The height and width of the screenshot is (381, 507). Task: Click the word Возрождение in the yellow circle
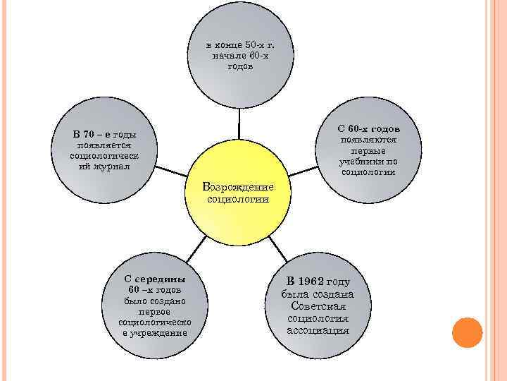(x=238, y=187)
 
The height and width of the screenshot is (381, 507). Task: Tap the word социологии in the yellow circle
(x=238, y=199)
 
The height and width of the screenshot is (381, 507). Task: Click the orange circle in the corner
(x=466, y=332)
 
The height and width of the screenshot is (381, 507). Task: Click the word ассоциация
(x=318, y=329)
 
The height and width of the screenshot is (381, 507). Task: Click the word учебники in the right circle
(x=368, y=161)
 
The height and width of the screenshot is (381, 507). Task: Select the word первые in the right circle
(x=368, y=150)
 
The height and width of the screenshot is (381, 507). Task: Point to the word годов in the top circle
(x=240, y=66)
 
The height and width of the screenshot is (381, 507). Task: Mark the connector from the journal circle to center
(x=170, y=171)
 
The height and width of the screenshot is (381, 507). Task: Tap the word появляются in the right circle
(x=368, y=140)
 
